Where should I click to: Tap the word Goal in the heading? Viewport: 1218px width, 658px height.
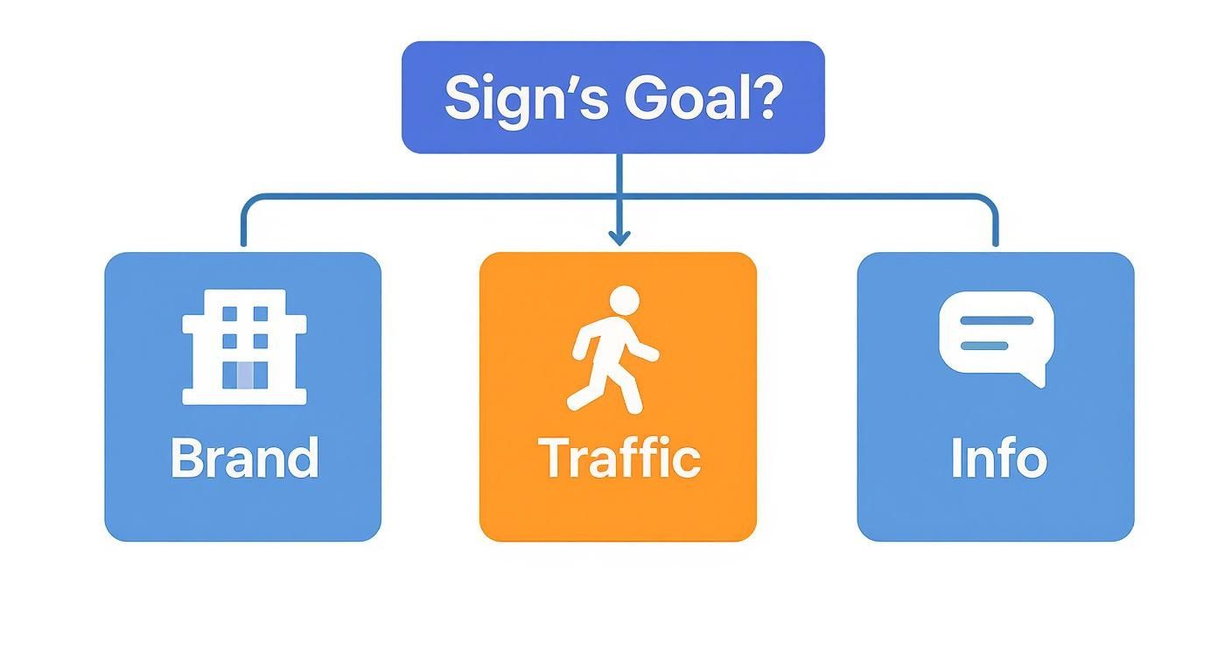(684, 98)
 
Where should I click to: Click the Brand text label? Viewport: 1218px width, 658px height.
(245, 458)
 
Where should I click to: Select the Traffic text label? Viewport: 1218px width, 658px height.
(619, 458)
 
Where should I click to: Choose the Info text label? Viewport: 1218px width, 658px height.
(999, 458)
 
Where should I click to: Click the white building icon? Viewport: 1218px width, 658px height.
(244, 347)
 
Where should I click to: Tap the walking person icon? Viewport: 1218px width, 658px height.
(613, 350)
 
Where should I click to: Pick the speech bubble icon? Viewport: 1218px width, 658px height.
(997, 339)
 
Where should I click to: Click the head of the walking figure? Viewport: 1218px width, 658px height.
(624, 301)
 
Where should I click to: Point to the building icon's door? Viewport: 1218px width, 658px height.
(245, 375)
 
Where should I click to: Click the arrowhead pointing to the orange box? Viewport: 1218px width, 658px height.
(619, 238)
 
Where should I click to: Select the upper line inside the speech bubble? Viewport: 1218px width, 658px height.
(997, 320)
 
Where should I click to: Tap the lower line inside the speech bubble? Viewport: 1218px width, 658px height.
(984, 346)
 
